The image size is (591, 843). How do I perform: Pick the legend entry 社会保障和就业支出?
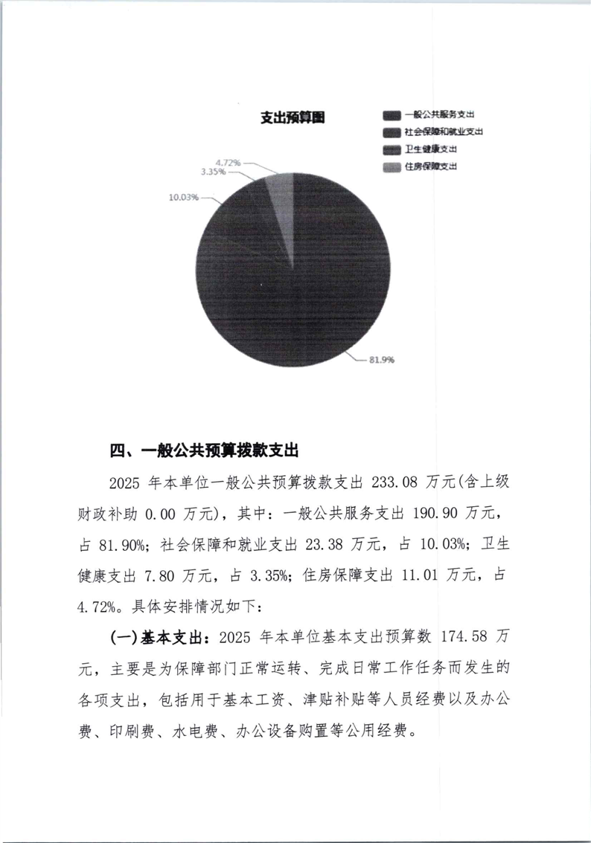tap(444, 132)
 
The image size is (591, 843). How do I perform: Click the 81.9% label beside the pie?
tap(381, 360)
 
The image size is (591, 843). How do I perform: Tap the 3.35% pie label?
tap(214, 172)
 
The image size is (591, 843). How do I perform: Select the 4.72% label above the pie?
tap(229, 161)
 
